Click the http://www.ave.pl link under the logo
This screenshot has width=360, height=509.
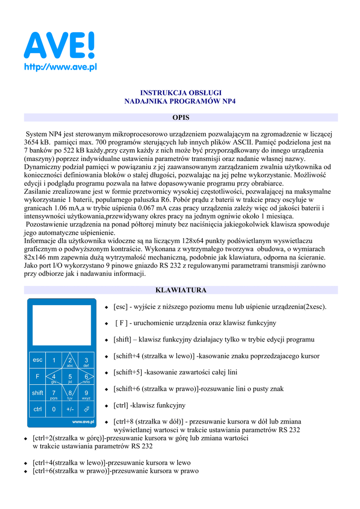(60, 68)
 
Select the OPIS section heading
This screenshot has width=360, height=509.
(180, 118)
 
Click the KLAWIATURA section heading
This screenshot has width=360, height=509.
(180, 290)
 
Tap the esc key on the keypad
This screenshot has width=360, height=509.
(38, 360)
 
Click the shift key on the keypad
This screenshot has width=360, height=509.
(38, 393)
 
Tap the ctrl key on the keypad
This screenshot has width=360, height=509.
(38, 410)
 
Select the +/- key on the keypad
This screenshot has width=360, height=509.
(70, 410)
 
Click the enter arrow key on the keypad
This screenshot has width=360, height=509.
(86, 410)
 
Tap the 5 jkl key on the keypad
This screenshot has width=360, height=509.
(70, 378)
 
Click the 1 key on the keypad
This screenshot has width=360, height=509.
(54, 360)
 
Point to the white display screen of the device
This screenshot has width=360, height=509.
(61, 325)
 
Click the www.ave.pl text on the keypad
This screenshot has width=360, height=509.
(83, 422)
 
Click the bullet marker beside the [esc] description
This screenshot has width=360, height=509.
(106, 307)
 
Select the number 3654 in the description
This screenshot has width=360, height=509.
(33, 142)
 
